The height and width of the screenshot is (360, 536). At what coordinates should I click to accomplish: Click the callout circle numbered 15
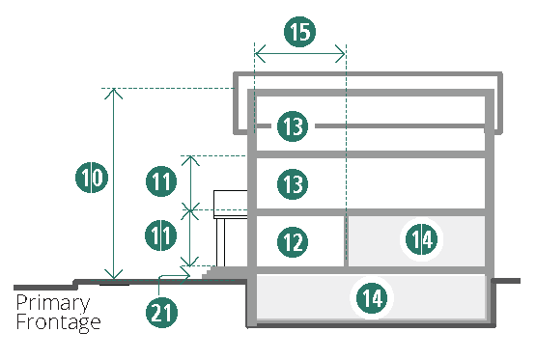click(299, 32)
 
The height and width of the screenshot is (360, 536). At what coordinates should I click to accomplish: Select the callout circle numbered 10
click(92, 178)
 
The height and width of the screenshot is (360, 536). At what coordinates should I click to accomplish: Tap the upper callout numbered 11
click(161, 181)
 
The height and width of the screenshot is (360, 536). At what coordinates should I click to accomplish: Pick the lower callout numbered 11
click(160, 235)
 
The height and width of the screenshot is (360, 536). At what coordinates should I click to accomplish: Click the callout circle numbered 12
click(293, 242)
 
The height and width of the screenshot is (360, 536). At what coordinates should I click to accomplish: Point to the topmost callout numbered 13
click(293, 126)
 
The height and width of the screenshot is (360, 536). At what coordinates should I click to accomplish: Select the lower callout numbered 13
click(293, 184)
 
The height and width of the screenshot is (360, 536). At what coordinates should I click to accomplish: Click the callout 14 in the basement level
click(372, 298)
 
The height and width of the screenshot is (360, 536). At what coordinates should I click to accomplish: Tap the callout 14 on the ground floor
click(421, 239)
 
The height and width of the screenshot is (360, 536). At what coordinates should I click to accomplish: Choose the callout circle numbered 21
click(161, 312)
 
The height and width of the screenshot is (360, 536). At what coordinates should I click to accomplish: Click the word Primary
click(53, 303)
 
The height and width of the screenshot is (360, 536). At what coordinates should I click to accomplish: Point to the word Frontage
click(58, 322)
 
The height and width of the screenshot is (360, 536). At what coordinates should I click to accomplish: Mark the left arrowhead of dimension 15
click(260, 54)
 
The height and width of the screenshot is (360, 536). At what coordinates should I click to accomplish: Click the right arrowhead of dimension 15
click(340, 54)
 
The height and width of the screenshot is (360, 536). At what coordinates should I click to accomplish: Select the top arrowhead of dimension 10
click(114, 94)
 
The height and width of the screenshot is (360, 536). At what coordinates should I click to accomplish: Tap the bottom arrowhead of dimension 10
click(114, 274)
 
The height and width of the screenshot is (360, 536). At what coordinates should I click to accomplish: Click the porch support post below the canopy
click(220, 242)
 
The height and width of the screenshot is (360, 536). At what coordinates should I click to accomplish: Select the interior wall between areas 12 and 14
click(346, 240)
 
